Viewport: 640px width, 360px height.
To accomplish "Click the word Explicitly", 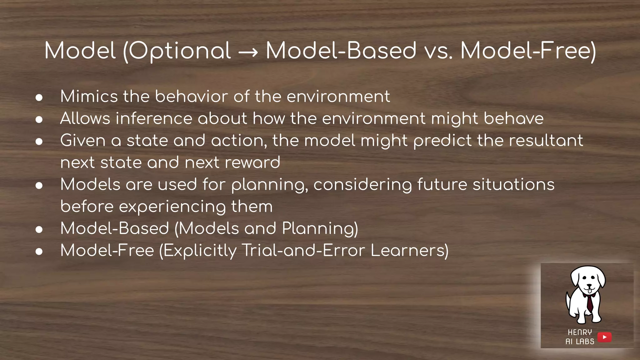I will [x=200, y=251].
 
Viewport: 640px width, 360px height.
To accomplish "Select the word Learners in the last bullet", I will [x=409, y=250].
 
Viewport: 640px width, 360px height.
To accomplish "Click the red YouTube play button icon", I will [x=604, y=337].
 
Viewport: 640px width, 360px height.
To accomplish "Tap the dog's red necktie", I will [x=589, y=303].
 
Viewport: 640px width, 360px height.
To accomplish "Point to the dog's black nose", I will [x=589, y=285].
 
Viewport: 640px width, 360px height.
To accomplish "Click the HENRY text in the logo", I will [x=580, y=332].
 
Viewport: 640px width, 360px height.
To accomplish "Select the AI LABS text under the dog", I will [x=580, y=342].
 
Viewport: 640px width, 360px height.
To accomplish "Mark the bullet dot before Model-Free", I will [x=39, y=251].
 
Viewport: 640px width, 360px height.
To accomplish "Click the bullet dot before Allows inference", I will [x=39, y=119].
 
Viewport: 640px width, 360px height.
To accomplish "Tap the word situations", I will [x=513, y=184].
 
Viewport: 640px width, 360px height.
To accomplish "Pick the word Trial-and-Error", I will [x=303, y=250].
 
